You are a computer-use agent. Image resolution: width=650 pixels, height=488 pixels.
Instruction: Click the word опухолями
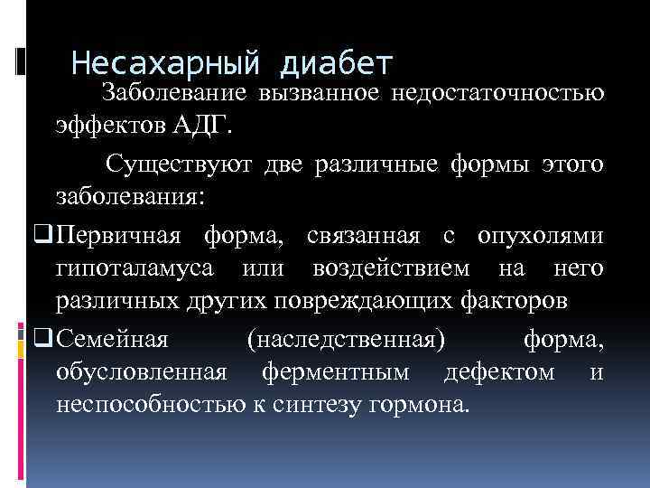(x=540, y=236)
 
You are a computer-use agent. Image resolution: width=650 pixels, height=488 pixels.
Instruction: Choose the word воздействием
(x=391, y=268)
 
